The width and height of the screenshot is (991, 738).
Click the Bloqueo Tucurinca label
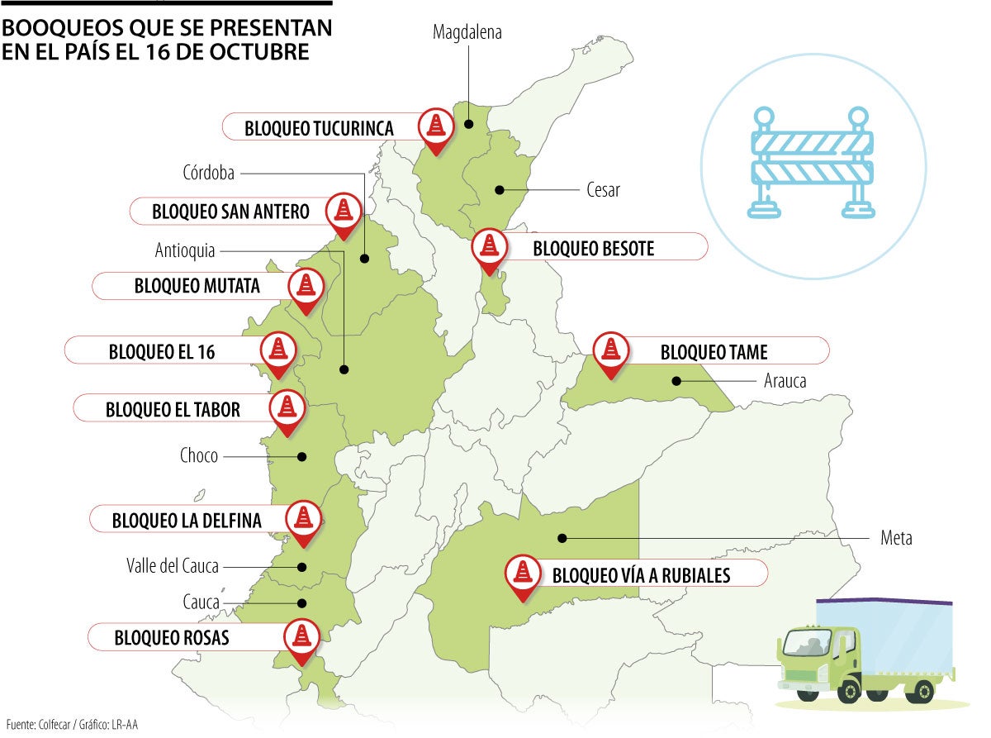319,128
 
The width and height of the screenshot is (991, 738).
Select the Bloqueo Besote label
593,248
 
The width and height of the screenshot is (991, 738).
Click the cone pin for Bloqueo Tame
610,350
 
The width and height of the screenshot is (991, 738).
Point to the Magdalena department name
467,33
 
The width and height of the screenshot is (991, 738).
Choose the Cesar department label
603,190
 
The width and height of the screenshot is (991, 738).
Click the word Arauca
784,381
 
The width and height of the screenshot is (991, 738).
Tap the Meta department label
896,538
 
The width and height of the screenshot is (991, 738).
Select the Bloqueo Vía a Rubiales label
641,574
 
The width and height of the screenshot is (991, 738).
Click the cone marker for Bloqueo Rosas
301,636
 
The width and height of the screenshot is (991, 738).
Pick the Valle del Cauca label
173,566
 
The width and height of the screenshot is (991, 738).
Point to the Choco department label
199,455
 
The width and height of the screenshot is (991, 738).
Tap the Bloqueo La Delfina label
187,521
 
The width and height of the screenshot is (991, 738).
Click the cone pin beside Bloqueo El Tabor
287,407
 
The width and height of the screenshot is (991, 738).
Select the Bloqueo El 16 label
162,351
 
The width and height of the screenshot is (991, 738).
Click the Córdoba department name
209,173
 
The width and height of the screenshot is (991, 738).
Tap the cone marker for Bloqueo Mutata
306,286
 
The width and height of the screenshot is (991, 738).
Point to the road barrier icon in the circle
813,163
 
